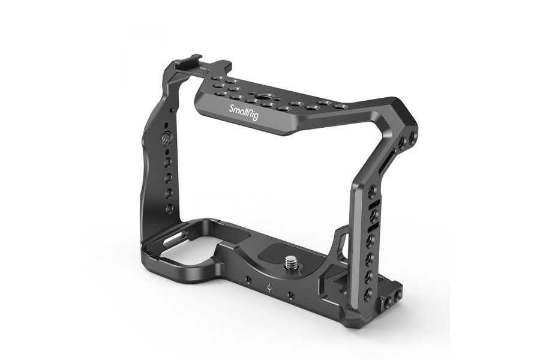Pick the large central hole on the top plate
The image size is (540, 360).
tap(262, 94)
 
